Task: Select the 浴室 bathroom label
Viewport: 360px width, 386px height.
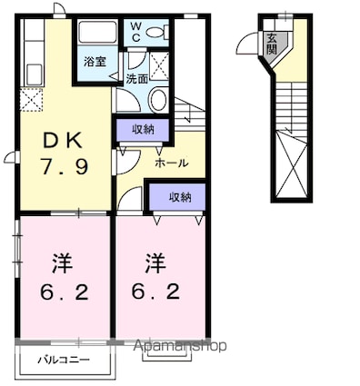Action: tap(95, 63)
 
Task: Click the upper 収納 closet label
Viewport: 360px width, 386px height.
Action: tap(142, 130)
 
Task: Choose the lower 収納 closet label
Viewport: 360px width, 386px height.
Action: tap(179, 197)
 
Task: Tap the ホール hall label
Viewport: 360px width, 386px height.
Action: tap(172, 163)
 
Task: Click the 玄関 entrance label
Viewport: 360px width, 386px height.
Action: tap(273, 45)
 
